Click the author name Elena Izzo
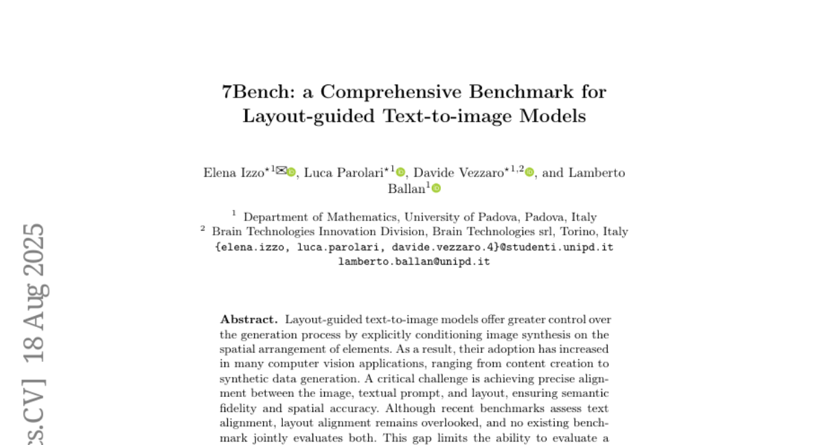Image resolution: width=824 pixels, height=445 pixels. point(234,172)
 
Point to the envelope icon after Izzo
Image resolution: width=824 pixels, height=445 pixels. point(281,171)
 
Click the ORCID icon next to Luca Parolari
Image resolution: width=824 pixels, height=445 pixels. point(401,172)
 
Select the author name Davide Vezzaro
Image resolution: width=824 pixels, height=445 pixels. point(458,172)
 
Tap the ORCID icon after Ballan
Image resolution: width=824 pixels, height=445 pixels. point(436,189)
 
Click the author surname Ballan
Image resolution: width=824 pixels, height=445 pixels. point(407,189)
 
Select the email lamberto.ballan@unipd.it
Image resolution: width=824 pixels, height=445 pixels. point(414,262)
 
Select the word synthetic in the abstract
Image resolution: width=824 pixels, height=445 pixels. point(244,378)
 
